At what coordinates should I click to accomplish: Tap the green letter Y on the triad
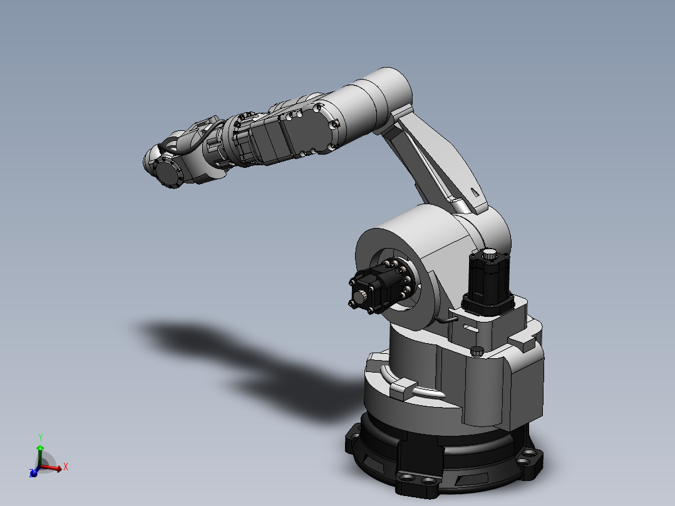[x=40, y=437]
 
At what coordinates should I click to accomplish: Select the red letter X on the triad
[x=65, y=467]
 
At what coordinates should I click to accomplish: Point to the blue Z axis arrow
[x=34, y=473]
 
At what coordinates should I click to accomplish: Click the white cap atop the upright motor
[x=488, y=254]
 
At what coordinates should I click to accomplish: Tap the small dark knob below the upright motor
[x=477, y=351]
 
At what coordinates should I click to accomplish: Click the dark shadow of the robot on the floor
[x=219, y=351]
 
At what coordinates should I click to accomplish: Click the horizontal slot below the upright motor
[x=470, y=328]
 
